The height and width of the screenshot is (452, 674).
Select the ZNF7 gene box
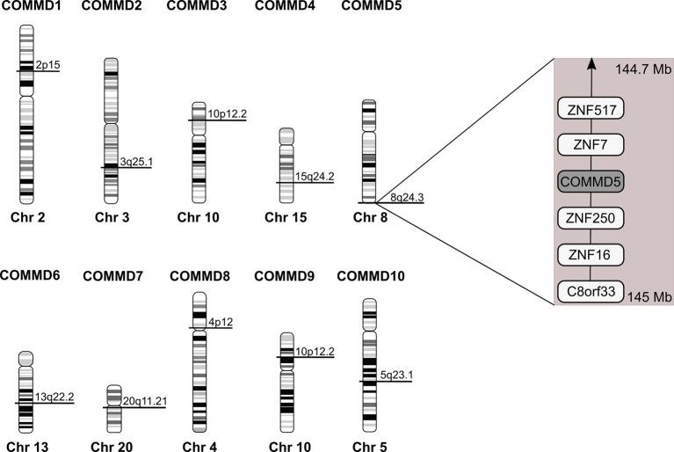[591, 145]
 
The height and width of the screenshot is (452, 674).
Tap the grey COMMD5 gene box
[591, 181]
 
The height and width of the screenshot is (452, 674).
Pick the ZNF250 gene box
[591, 218]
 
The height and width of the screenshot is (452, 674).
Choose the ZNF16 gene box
[591, 255]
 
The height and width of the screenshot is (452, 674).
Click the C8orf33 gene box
[591, 291]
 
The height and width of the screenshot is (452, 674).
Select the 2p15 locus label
[47, 65]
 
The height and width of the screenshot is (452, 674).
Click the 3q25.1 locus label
[134, 161]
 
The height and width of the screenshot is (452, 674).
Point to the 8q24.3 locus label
[407, 197]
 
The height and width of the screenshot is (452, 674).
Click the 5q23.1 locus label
[395, 375]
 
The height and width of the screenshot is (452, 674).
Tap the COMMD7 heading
[112, 278]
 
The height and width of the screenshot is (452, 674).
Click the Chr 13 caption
[26, 446]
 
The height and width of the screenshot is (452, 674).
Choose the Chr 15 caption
[286, 217]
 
